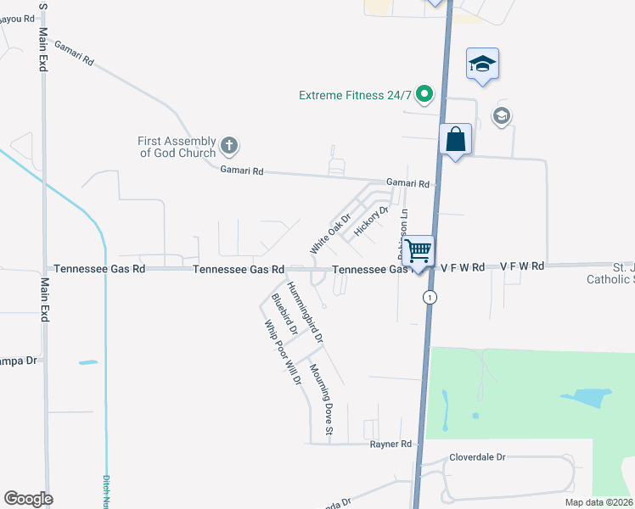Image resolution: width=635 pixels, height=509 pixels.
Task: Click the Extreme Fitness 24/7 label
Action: tap(359, 95)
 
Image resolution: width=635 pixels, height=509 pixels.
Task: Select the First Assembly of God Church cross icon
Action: tap(228, 146)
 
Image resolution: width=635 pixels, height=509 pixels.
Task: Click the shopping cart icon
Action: tap(418, 251)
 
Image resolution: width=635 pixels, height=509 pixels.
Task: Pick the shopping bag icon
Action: tap(456, 140)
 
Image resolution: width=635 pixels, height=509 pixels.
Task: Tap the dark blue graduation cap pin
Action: tap(482, 64)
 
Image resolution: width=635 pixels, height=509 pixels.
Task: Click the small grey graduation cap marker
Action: tap(502, 116)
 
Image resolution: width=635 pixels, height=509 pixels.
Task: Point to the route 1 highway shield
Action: tap(430, 297)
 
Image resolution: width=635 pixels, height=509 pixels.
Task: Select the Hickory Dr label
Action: tap(371, 221)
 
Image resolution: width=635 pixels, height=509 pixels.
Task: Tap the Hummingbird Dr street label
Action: tap(305, 312)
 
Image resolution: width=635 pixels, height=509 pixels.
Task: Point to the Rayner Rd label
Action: tap(391, 444)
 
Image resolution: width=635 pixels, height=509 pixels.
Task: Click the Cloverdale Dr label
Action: tap(477, 456)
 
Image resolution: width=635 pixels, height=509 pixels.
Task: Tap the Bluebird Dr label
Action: tap(283, 316)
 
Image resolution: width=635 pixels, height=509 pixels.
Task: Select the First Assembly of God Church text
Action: tap(177, 147)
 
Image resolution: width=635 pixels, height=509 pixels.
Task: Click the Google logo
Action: tap(28, 499)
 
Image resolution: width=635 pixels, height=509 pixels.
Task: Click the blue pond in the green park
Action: tap(586, 397)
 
